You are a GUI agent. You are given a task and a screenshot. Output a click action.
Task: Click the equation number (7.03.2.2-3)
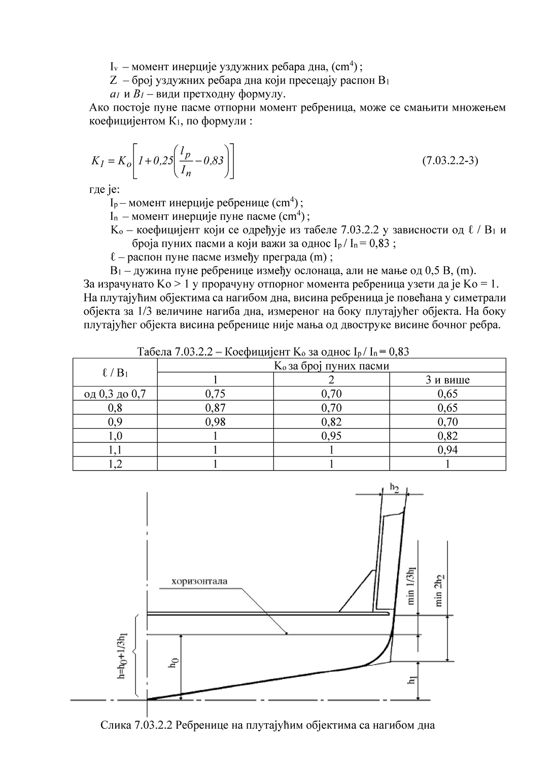coord(450,161)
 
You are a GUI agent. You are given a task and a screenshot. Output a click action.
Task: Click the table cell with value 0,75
coord(215,394)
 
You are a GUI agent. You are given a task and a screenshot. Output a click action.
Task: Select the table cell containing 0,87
coord(215,408)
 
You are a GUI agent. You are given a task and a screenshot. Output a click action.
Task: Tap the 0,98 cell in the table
coord(215,422)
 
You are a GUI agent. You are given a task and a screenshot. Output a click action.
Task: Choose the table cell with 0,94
coord(447,450)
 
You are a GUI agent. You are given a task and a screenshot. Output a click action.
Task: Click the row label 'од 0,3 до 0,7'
coord(115,394)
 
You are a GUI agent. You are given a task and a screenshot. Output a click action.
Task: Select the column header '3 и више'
coord(447,380)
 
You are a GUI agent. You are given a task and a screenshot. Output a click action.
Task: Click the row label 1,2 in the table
coord(115,464)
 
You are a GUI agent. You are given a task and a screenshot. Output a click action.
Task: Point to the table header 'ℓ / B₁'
coord(115,373)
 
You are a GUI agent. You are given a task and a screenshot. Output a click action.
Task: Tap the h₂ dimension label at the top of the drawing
coord(394,488)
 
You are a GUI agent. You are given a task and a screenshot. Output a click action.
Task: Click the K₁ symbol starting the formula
coord(97,161)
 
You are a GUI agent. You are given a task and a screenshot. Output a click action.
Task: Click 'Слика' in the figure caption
coord(116,725)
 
